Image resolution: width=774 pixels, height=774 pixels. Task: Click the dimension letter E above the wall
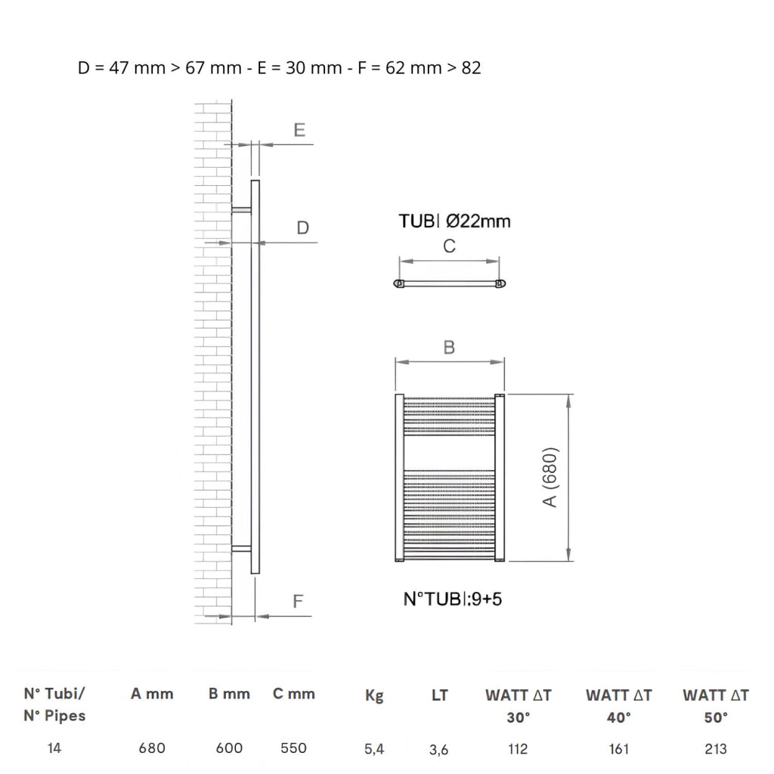(299, 130)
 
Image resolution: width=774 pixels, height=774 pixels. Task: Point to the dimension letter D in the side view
(302, 228)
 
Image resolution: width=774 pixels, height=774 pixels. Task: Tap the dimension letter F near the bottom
(298, 601)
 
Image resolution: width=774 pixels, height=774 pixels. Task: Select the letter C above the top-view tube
(449, 246)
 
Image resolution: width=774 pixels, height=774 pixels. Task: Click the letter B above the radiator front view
(449, 348)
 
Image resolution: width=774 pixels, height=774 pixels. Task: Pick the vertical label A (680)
(550, 477)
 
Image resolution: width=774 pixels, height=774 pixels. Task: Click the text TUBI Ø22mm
(454, 221)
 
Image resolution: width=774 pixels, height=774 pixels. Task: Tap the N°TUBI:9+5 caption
(453, 599)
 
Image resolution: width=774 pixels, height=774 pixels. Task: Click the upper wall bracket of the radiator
(241, 210)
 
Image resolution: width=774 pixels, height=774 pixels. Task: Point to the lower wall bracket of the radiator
(241, 549)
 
